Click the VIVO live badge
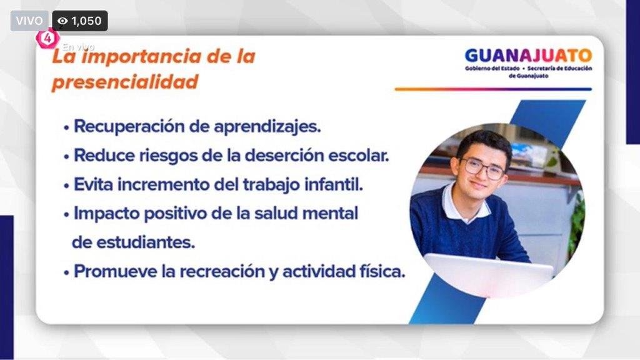(x=29, y=21)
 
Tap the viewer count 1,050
(x=86, y=21)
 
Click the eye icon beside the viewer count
(x=62, y=21)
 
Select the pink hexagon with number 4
(x=47, y=38)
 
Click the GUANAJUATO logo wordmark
(x=528, y=56)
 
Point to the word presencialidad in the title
(x=125, y=82)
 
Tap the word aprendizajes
(x=267, y=127)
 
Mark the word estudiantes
(x=145, y=242)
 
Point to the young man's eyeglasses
(x=483, y=167)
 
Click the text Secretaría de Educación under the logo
(x=559, y=69)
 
